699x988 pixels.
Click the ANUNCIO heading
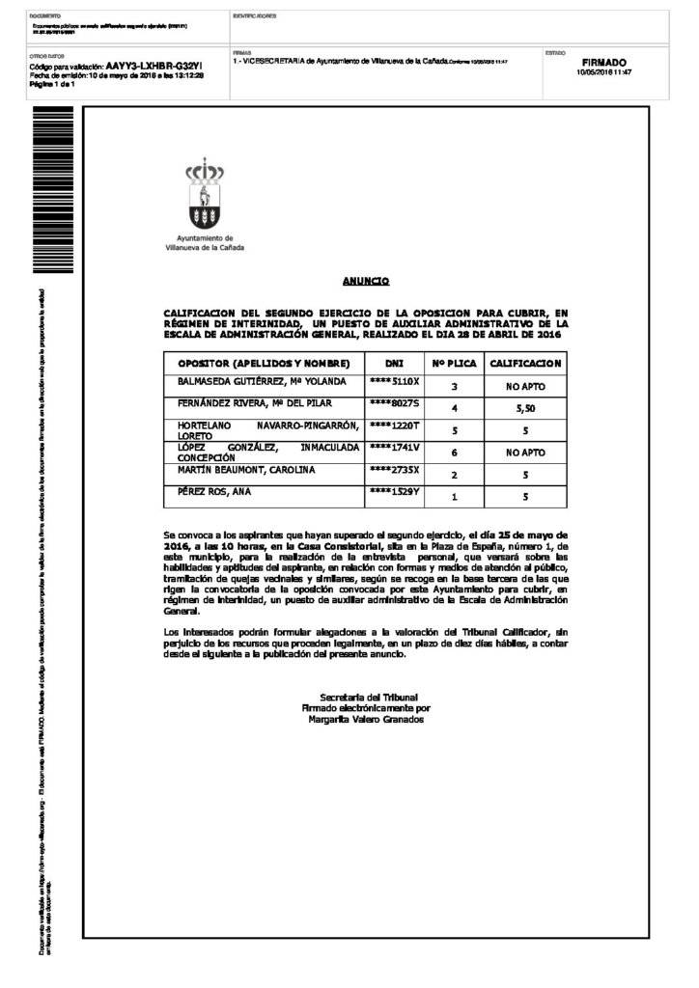pyautogui.click(x=366, y=281)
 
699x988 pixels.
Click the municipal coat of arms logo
pyautogui.click(x=205, y=195)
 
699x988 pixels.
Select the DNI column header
pyautogui.click(x=394, y=364)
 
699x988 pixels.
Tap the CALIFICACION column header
pyautogui.click(x=525, y=364)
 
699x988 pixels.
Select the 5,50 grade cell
pyautogui.click(x=525, y=409)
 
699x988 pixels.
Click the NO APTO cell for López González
pyautogui.click(x=525, y=453)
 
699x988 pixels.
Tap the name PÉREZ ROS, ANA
pyautogui.click(x=213, y=492)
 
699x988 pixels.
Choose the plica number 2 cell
pyautogui.click(x=454, y=476)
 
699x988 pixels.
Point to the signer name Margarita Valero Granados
pyautogui.click(x=366, y=720)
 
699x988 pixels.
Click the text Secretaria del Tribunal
pyautogui.click(x=366, y=697)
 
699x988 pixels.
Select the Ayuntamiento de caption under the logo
pyautogui.click(x=205, y=237)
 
